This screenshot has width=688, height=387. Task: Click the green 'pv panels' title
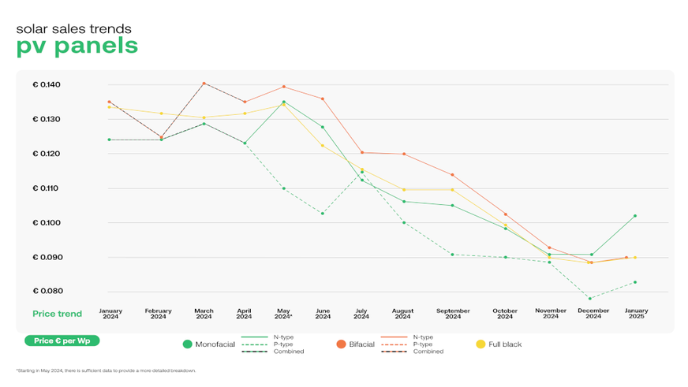(x=77, y=46)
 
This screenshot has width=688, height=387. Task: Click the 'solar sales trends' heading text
(x=74, y=28)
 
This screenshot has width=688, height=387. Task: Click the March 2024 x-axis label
(x=204, y=314)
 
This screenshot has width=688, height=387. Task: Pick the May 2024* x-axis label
(x=283, y=314)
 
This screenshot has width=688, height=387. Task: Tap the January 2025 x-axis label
(x=635, y=314)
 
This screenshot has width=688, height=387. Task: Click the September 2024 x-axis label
(x=453, y=314)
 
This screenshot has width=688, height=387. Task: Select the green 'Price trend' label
(x=57, y=314)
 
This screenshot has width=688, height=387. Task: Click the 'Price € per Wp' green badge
(x=62, y=340)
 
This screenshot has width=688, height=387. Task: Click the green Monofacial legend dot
(x=188, y=344)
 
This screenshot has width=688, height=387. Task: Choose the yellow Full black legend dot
(x=481, y=344)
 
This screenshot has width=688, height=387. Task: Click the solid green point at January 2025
(x=635, y=216)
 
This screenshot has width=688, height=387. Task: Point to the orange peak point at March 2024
(x=204, y=83)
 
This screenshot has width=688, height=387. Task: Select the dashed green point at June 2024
(x=323, y=213)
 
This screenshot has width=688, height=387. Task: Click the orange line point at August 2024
(x=403, y=154)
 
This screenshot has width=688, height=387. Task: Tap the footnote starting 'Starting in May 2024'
(x=106, y=370)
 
